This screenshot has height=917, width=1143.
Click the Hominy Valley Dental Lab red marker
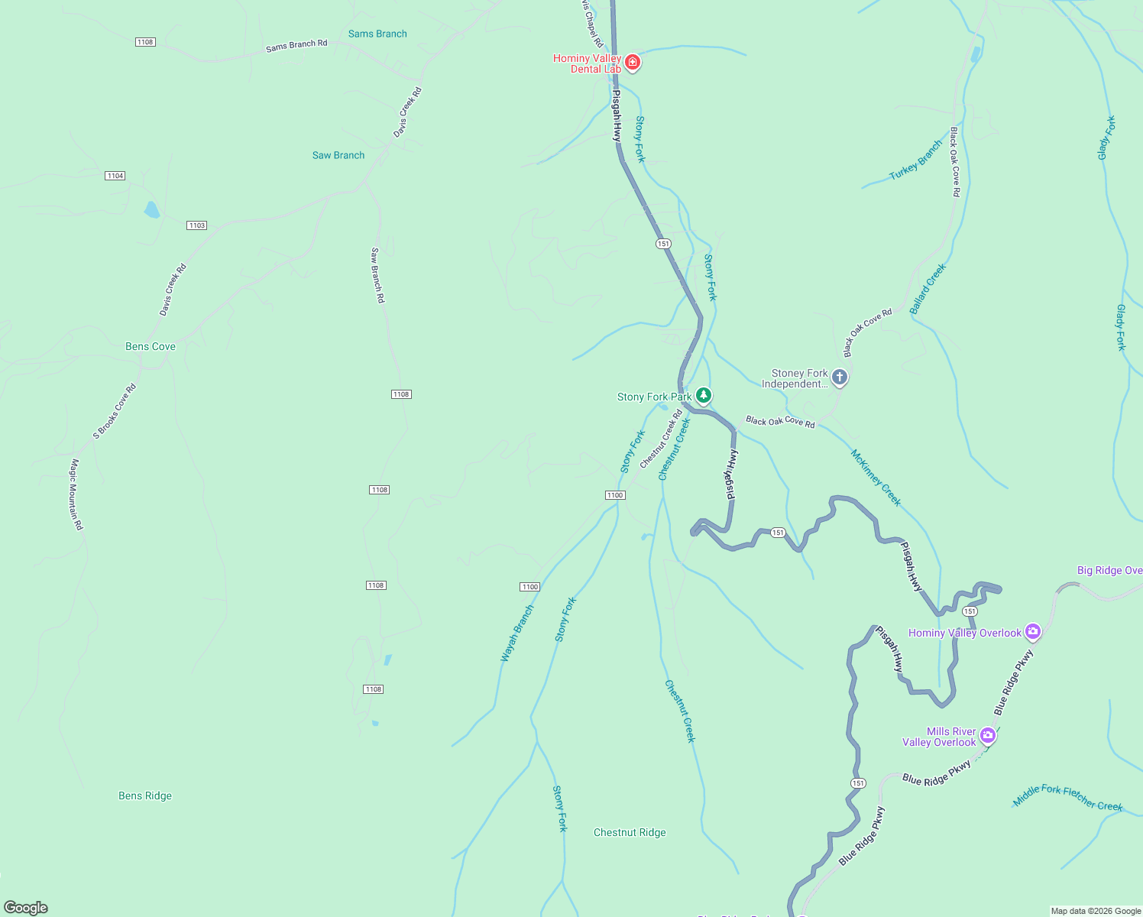coord(632,62)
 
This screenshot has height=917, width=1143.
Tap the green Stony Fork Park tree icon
coord(704,395)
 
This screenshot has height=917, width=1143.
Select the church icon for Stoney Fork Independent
coord(839,377)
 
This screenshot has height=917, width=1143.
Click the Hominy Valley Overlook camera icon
coord(1033,631)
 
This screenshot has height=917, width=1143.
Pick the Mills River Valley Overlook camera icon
coord(987,735)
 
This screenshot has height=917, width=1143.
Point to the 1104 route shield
coord(115,176)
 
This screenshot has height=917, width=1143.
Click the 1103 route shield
coord(197,225)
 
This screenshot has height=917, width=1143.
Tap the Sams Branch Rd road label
coord(296,46)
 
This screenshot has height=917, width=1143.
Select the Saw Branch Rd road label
coord(377,275)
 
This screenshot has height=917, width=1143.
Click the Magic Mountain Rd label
coord(76,494)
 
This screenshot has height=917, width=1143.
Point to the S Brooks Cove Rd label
coord(115,411)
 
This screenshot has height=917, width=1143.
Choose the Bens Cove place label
coord(151,346)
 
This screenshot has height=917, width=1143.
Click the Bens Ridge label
coord(145,795)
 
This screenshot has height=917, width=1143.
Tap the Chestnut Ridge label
coord(630,832)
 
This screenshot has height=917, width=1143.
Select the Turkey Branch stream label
coord(916,160)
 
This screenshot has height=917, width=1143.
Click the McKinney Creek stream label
coord(876,478)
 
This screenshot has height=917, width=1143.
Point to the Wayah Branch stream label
coord(517,633)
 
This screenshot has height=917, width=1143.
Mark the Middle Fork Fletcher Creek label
coord(1067,797)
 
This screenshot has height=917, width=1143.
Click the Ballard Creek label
coord(928,289)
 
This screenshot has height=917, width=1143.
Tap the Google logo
coord(26,907)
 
